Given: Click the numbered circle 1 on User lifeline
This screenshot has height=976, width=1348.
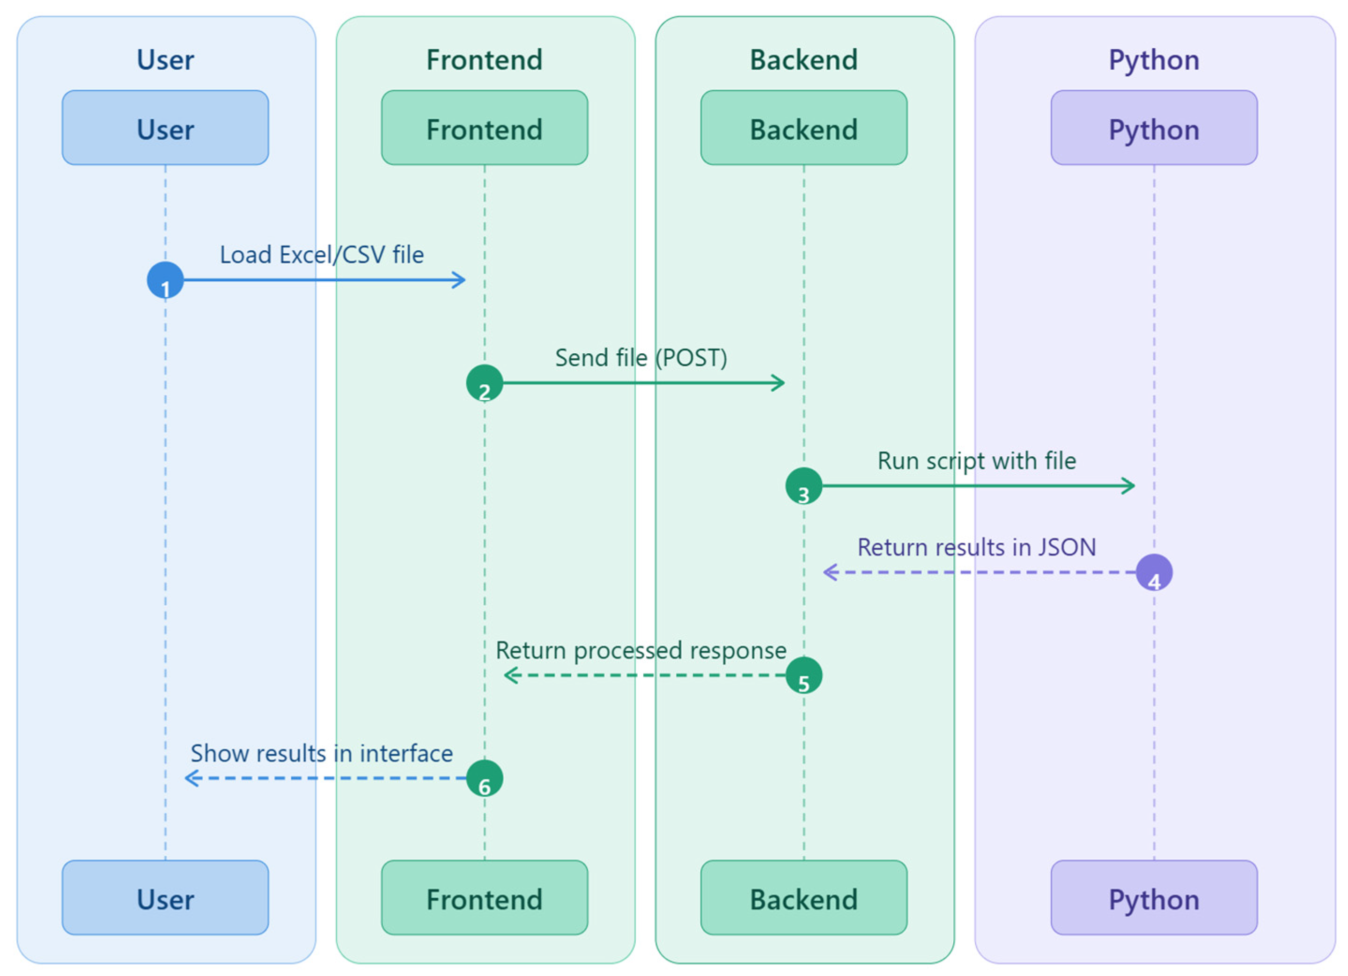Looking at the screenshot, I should (165, 280).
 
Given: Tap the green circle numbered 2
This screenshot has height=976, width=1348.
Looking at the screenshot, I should (485, 383).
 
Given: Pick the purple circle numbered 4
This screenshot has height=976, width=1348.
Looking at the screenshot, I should (1154, 572).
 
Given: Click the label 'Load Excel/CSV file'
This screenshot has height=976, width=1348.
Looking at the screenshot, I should (322, 255).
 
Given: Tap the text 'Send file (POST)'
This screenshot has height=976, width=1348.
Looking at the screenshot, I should (641, 357).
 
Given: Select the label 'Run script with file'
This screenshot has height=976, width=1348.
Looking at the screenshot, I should (977, 461).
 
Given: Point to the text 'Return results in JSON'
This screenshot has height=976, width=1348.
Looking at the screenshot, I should (977, 547).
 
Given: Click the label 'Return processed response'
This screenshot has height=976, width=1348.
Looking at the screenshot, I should (641, 650).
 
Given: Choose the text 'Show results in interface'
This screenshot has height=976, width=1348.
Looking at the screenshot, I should (322, 753).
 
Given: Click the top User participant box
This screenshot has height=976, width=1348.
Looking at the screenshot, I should (165, 128).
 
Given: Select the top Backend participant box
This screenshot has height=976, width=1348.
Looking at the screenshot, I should (803, 128).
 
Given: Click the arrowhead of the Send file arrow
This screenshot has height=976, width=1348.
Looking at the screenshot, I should (779, 383).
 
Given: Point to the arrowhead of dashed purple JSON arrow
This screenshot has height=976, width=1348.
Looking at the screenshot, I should (830, 572).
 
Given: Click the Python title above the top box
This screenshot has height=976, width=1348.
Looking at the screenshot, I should (1154, 60).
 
